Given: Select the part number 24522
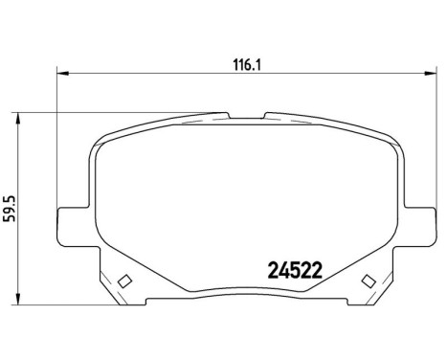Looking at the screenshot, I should coord(289,271).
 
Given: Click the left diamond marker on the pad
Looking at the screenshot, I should coord(123,281).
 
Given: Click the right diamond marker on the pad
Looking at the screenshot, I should coord(367,281).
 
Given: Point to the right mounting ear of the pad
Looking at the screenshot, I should coord(422,214).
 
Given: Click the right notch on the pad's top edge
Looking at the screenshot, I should coord(265,117).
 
